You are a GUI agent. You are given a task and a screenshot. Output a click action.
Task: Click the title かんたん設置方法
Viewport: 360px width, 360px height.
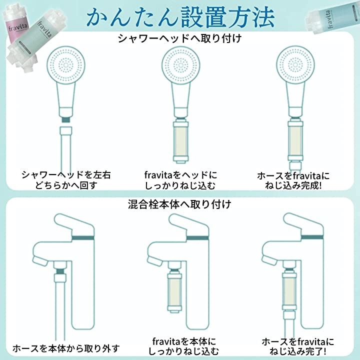180,17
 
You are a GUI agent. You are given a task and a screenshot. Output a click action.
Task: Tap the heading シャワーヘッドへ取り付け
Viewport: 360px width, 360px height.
180,38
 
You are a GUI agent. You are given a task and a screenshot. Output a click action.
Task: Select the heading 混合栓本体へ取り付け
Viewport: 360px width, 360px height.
179,204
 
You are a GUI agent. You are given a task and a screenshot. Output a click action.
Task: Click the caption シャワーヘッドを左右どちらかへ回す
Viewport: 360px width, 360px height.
66,180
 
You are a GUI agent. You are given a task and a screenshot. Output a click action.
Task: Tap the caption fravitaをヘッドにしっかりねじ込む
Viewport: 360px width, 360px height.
180,180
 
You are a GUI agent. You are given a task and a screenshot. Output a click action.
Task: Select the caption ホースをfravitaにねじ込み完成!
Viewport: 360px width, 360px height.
293,180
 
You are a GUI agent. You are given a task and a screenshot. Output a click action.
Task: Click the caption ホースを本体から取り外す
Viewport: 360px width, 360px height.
66,348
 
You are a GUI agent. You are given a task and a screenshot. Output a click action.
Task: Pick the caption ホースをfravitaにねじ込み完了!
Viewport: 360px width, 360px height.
297,346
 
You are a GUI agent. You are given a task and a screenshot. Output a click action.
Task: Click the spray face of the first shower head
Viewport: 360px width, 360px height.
66,65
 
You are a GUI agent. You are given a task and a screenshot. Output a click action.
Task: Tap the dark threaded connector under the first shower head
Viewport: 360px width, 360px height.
66,119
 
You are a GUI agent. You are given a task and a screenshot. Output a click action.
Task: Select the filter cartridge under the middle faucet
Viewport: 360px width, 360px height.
175,290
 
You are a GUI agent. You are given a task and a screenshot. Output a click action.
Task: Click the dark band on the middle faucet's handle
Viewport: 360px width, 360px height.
197,237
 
